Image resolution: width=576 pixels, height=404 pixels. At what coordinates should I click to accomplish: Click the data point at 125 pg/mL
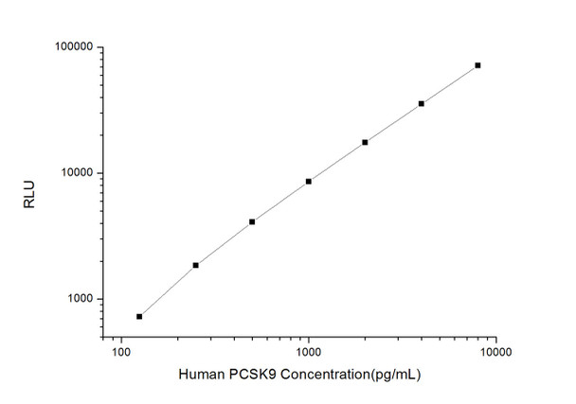pyautogui.click(x=139, y=316)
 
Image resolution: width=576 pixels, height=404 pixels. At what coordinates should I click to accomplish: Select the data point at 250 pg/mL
pyautogui.click(x=196, y=265)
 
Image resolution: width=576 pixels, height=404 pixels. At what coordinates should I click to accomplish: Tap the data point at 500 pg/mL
pyautogui.click(x=252, y=221)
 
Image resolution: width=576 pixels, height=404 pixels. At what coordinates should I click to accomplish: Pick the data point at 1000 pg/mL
pyautogui.click(x=309, y=181)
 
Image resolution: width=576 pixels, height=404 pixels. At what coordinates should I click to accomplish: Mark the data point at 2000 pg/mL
pyautogui.click(x=365, y=142)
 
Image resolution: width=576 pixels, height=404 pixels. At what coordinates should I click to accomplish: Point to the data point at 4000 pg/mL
pyautogui.click(x=421, y=103)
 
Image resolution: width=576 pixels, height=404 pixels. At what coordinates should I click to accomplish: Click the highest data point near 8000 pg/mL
pyautogui.click(x=477, y=65)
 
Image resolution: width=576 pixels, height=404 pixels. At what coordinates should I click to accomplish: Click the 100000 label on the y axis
pyautogui.click(x=70, y=47)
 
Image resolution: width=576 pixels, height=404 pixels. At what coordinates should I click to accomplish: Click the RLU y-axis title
pyautogui.click(x=29, y=173)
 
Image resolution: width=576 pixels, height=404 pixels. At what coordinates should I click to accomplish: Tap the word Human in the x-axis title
pyautogui.click(x=201, y=376)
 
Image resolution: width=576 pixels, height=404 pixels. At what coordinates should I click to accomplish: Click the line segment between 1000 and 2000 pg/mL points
pyautogui.click(x=337, y=161)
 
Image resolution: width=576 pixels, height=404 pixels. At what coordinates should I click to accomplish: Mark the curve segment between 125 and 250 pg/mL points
pyautogui.click(x=168, y=290)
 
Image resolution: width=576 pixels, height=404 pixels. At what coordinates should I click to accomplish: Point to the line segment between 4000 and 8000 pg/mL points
pyautogui.click(x=449, y=84)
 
